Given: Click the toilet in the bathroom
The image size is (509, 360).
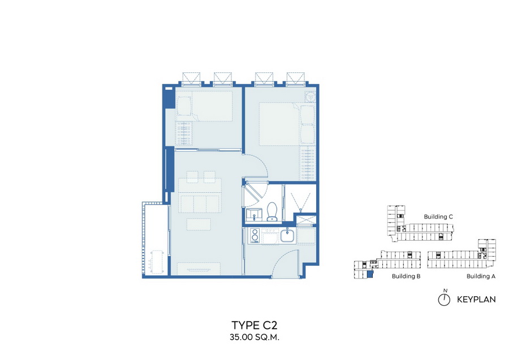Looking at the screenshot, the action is pyautogui.click(x=272, y=211).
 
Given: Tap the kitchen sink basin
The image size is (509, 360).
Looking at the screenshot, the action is pyautogui.click(x=287, y=235).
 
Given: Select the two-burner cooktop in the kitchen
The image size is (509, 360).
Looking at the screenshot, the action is pyautogui.click(x=255, y=235).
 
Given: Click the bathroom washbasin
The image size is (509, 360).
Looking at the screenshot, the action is pyautogui.click(x=253, y=215).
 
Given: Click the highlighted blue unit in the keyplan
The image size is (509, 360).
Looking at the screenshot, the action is pyautogui.click(x=369, y=275).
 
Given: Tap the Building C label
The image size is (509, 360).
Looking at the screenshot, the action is pyautogui.click(x=438, y=216).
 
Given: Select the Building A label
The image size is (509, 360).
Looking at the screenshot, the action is pyautogui.click(x=481, y=276).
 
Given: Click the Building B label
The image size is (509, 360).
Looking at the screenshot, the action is pyautogui.click(x=406, y=276).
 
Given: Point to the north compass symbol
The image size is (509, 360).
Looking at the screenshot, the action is pyautogui.click(x=444, y=300).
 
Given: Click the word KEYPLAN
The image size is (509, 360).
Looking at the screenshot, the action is pyautogui.click(x=476, y=300).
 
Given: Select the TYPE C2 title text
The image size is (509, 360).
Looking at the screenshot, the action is pyautogui.click(x=255, y=325).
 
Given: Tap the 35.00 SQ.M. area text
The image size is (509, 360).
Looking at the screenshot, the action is pyautogui.click(x=255, y=337).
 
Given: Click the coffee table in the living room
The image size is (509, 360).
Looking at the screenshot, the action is pyautogui.click(x=199, y=224).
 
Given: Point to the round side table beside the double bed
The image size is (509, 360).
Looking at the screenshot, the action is pyautogui.click(x=310, y=97).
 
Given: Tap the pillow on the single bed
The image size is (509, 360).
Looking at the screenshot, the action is pyautogui.click(x=184, y=106).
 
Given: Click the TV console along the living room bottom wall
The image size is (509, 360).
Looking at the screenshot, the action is pyautogui.click(x=199, y=269).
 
